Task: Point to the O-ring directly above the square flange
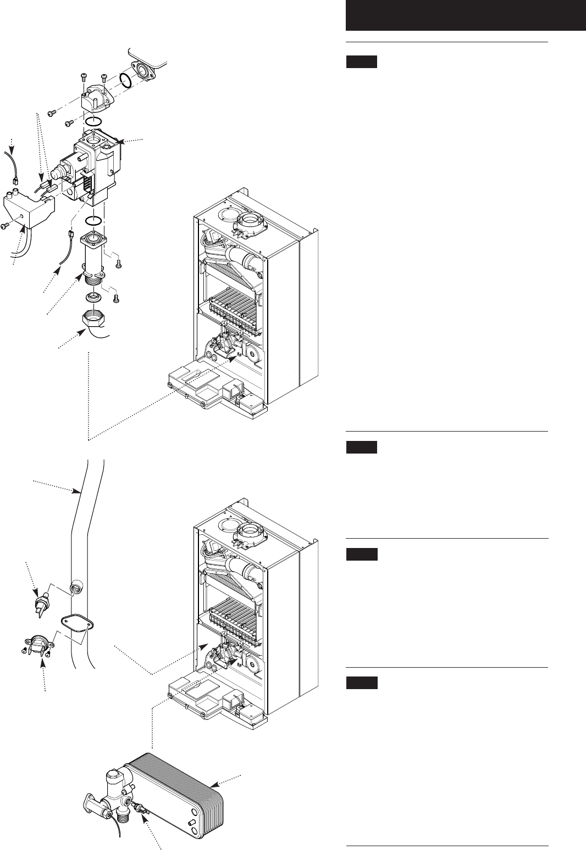tap(93, 221)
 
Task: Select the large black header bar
tap(466, 15)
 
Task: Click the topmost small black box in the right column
tap(361, 62)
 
